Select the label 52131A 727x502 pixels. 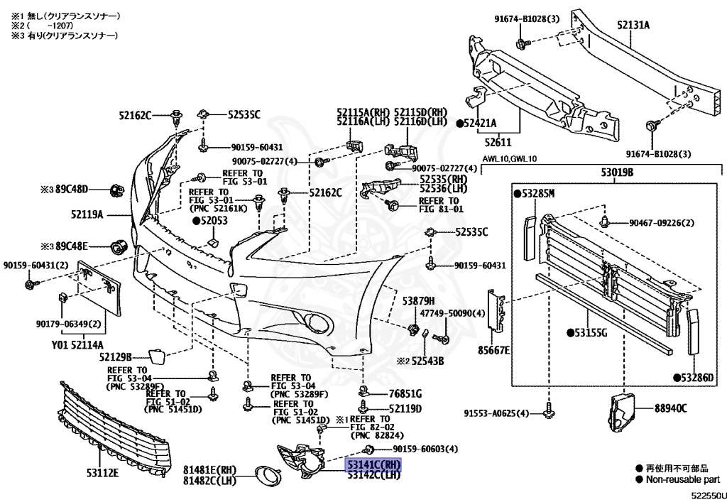pos(633,26)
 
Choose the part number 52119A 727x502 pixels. pos(87,214)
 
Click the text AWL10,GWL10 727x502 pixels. pos(510,159)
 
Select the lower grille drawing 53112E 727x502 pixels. pos(114,426)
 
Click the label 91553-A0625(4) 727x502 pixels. pos(497,413)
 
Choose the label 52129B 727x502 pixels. pos(116,356)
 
